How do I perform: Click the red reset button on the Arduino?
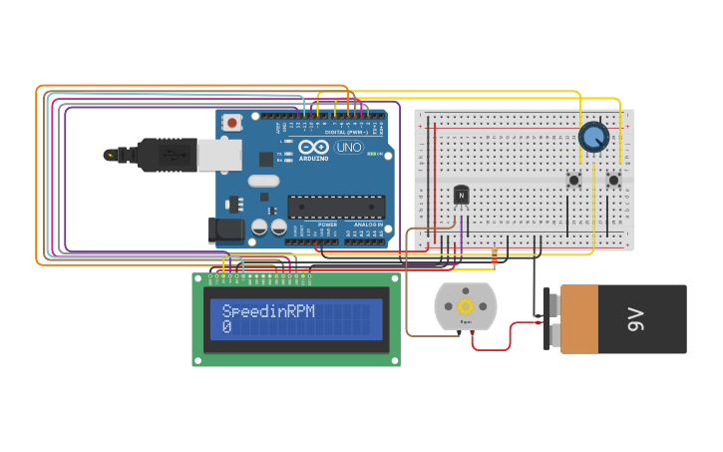pos(232,123)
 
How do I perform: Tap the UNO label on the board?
pos(349,148)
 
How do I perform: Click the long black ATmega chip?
pos(336,207)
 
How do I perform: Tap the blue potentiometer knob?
pos(593,137)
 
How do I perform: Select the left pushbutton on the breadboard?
pos(574,181)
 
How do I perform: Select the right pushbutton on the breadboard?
pos(613,181)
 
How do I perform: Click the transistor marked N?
pos(461,194)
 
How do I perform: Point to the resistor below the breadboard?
pos(496,258)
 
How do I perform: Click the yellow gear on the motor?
pos(465,305)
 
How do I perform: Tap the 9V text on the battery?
pos(636,319)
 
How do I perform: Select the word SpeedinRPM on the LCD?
pos(268,311)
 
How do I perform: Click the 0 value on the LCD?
pos(226,327)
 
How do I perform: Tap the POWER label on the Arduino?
pos(327,225)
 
